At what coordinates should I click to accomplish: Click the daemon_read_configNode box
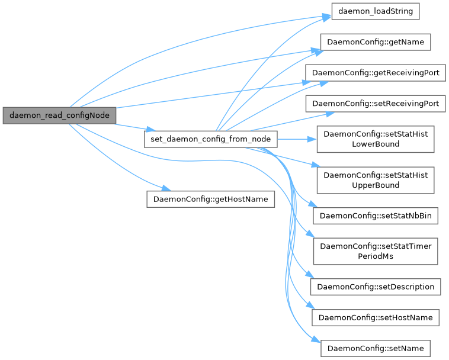click(x=60, y=115)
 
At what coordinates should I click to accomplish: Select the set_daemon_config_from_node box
click(x=211, y=139)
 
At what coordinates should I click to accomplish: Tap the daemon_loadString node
click(x=376, y=11)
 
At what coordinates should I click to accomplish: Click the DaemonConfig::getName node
click(x=375, y=42)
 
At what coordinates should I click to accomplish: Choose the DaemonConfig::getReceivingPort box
click(x=375, y=73)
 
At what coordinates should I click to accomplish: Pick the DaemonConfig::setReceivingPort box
click(x=375, y=104)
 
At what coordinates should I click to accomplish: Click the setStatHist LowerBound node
click(x=375, y=139)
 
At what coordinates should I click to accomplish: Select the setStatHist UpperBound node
click(x=375, y=180)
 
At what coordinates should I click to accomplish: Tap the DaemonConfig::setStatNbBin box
click(x=375, y=216)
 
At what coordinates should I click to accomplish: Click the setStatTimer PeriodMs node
click(x=375, y=251)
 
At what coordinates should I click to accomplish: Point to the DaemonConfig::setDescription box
click(x=376, y=287)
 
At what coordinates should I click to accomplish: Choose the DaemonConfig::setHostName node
click(x=376, y=317)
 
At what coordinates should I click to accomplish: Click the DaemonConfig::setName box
click(x=376, y=348)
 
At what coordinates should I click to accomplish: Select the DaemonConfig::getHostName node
click(x=211, y=199)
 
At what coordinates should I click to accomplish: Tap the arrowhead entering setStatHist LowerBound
click(x=312, y=139)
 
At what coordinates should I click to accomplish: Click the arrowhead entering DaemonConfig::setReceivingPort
click(x=331, y=113)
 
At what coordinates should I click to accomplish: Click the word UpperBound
click(x=376, y=185)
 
